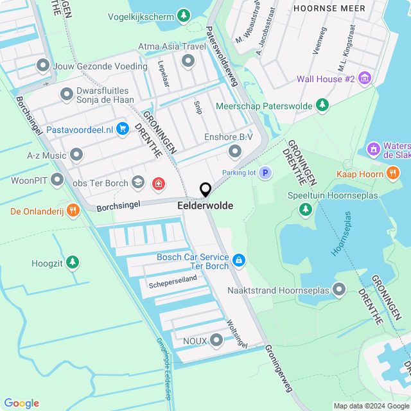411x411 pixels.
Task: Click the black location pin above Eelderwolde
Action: pos(205,189)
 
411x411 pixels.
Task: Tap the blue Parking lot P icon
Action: pos(265,173)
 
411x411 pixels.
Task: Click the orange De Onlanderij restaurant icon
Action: pos(73,211)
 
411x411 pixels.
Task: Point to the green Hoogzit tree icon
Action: pos(73,263)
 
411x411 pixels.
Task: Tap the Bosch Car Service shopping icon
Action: pos(238,259)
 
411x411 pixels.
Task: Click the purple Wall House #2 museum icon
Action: pos(365,79)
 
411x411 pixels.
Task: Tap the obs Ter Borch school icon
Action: pos(137,184)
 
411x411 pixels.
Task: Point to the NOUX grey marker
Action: pos(216,340)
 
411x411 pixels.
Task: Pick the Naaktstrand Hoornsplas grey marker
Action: pos(340,290)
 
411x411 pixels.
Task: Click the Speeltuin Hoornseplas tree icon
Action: pos(306,209)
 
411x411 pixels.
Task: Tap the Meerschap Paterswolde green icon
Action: pos(322,105)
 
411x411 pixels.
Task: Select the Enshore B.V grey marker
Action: pos(235,151)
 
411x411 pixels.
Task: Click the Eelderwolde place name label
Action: pos(205,206)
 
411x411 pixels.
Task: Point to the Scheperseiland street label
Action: pos(173,281)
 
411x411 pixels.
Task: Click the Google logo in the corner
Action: pos(21,403)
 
